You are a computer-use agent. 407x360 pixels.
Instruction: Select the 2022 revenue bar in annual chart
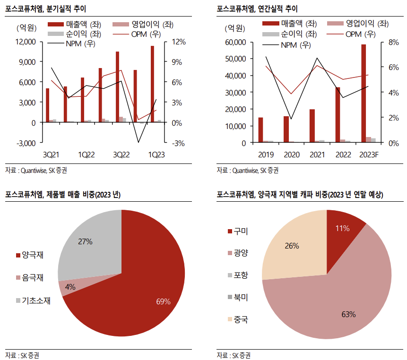pos(338,115)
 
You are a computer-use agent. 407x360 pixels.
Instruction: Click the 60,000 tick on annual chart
pos(235,42)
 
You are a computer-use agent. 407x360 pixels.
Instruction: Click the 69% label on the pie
pos(163,301)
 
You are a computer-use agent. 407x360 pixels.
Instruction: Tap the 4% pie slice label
pos(70,287)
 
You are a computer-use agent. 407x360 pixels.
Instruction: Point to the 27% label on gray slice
pos(85,241)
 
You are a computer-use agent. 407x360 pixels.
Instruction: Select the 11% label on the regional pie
pos(342,228)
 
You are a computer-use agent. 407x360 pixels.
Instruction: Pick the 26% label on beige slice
pos(292,246)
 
